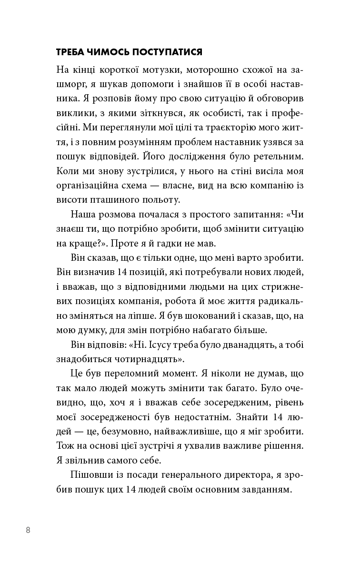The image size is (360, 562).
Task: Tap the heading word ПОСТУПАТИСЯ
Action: pos(169,52)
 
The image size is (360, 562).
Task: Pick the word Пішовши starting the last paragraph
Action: pos(87,476)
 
